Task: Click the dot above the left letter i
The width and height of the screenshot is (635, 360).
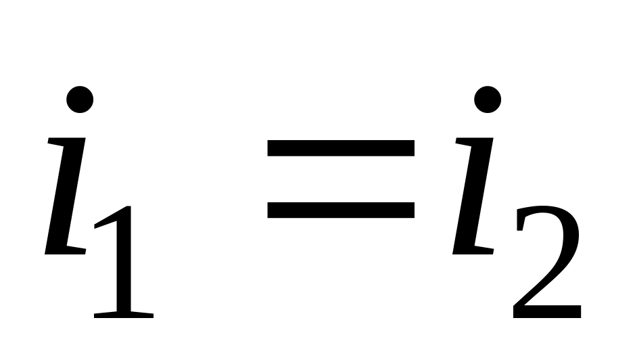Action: click(x=80, y=99)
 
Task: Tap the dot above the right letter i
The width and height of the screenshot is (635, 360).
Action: click(x=488, y=99)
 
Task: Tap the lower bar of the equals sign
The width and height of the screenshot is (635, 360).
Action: click(x=341, y=210)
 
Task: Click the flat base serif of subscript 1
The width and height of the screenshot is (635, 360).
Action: click(x=124, y=314)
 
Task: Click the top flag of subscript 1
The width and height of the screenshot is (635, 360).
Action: click(x=107, y=220)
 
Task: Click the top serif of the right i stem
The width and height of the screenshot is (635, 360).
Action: click(x=473, y=141)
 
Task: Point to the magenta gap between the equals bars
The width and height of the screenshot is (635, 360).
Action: click(x=341, y=179)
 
